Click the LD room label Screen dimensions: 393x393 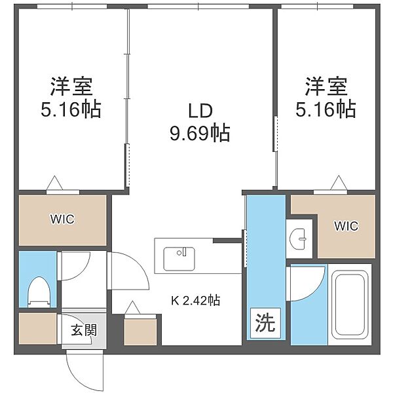tap(200, 111)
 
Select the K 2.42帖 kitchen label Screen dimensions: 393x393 tap(196, 300)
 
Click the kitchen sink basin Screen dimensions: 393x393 tap(179, 259)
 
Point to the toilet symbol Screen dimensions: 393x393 tap(39, 292)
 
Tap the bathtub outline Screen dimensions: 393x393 tap(350, 305)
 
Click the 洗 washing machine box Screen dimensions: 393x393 tap(265, 323)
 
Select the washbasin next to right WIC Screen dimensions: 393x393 tap(298, 239)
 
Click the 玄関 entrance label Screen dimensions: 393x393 tap(84, 330)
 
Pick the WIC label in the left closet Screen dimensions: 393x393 tap(62, 219)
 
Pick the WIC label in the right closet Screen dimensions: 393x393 tap(346, 226)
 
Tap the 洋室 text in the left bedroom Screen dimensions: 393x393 tap(71, 86)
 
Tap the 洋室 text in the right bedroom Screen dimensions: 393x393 tap(326, 86)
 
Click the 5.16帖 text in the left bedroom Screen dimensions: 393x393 tap(71, 109)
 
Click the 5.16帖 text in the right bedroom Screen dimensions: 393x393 tap(326, 109)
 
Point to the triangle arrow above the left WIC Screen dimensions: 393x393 tap(54, 183)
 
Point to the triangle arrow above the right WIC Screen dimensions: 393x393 tap(339, 183)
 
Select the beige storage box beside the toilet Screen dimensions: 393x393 tap(37, 328)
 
